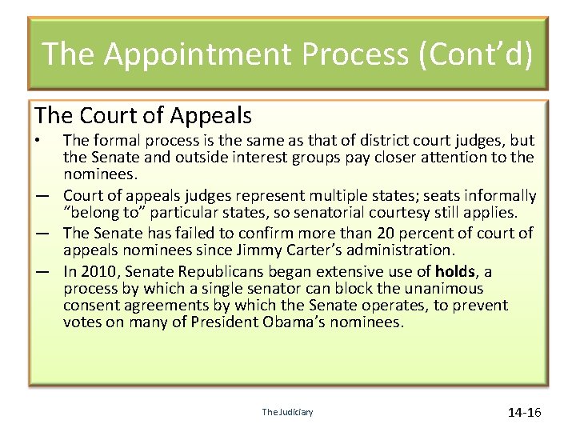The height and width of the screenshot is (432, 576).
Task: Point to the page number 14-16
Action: point(525,412)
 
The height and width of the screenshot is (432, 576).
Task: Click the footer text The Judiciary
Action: point(287,412)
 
